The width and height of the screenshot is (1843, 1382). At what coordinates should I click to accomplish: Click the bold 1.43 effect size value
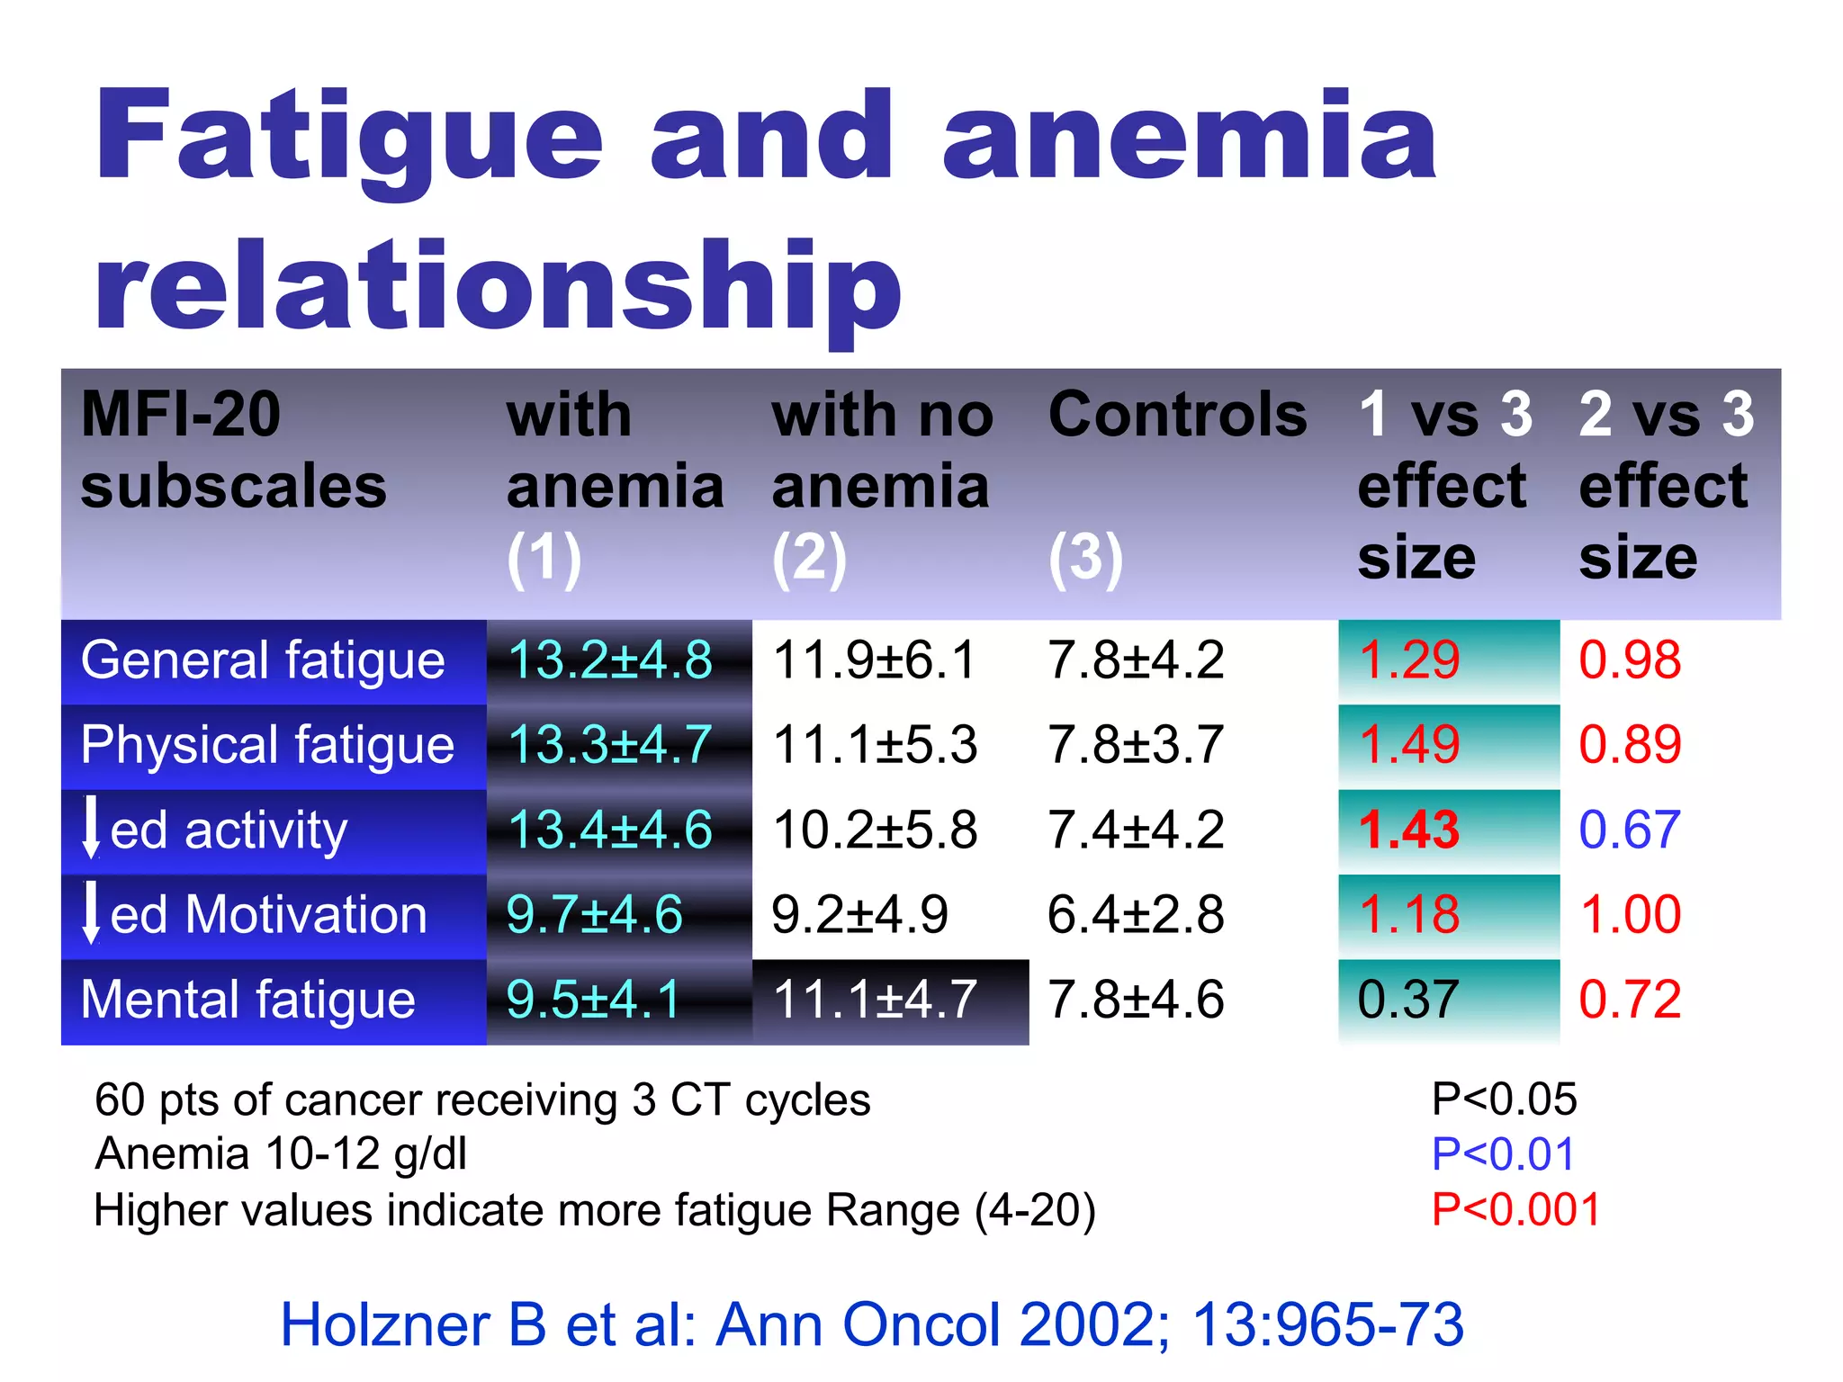click(x=1408, y=830)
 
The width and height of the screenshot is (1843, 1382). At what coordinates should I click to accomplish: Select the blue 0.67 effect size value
click(x=1629, y=830)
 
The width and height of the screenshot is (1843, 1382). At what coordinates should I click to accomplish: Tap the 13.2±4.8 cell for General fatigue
click(x=610, y=660)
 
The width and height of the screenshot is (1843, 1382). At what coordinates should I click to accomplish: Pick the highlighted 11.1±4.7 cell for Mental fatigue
click(x=875, y=1000)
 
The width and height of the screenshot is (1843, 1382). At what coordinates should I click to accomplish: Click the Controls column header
click(x=1177, y=415)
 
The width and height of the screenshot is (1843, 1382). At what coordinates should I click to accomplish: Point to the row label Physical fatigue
click(x=267, y=745)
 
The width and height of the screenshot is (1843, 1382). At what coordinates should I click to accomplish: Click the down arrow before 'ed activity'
click(x=91, y=828)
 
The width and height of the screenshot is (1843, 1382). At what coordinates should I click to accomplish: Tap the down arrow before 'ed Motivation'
click(x=91, y=912)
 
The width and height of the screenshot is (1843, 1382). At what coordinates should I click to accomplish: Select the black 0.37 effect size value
click(x=1407, y=1000)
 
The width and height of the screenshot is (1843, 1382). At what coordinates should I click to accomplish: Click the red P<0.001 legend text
click(x=1515, y=1209)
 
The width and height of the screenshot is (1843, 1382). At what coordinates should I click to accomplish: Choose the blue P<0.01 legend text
click(x=1503, y=1154)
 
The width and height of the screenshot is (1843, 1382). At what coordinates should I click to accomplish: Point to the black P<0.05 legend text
click(x=1504, y=1099)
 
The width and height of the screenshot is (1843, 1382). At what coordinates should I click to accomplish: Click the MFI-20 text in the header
click(x=180, y=415)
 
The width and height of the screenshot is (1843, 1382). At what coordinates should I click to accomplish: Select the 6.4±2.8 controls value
click(x=1135, y=914)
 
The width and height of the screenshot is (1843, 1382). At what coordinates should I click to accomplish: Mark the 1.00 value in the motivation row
click(x=1630, y=914)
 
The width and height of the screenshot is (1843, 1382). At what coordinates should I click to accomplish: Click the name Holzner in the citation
click(x=412, y=1324)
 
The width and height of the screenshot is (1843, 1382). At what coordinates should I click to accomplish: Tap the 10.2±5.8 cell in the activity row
click(x=875, y=830)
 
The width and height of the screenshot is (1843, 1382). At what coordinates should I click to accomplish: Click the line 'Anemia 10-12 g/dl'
click(x=281, y=1154)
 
